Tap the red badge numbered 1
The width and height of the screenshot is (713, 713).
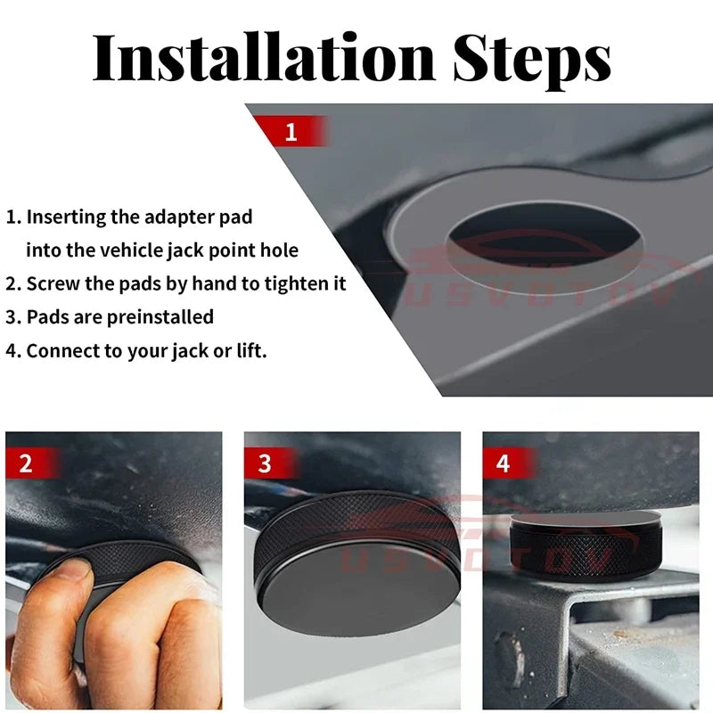[291, 133]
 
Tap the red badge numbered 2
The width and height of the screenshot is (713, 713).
[26, 463]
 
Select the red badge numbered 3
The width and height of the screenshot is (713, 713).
[265, 463]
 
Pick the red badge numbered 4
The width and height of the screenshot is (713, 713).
[504, 463]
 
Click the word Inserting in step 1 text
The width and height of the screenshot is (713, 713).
[66, 217]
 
